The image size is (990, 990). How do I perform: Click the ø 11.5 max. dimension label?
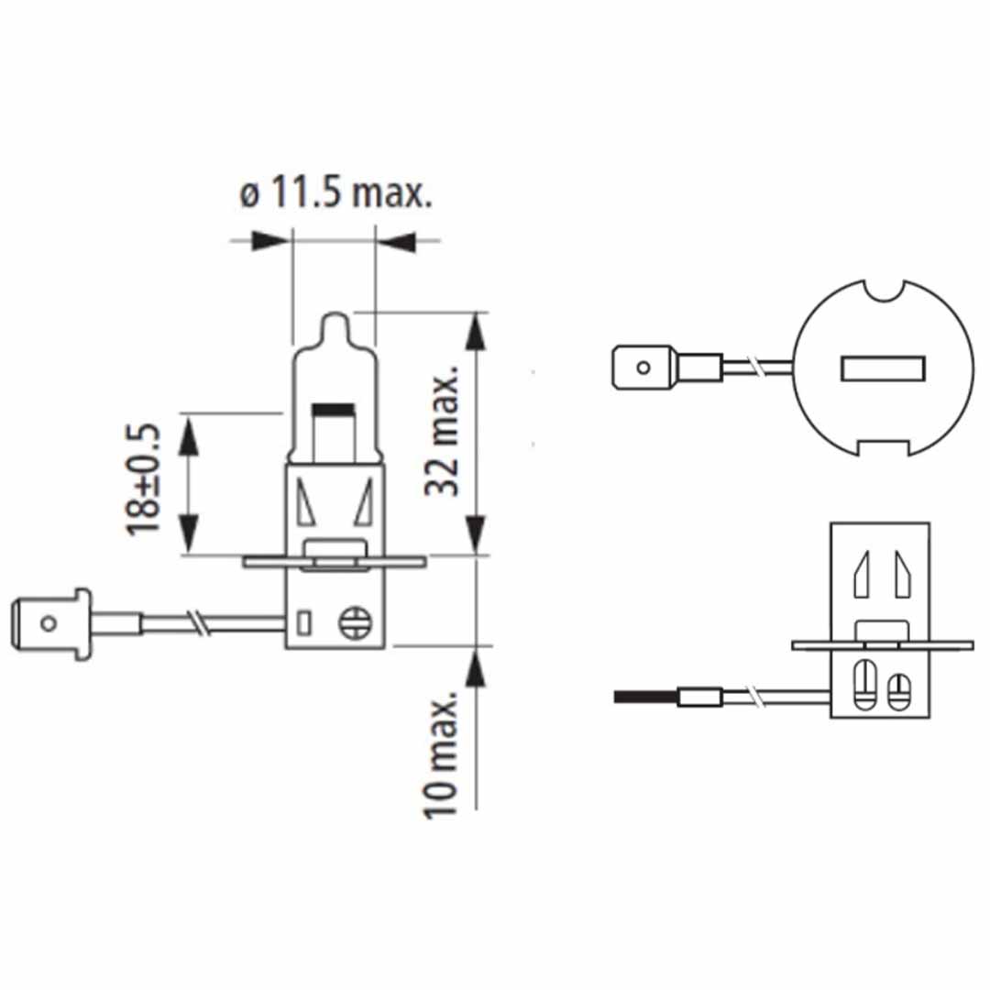click(x=335, y=193)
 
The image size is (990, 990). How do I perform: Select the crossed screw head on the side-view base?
click(x=354, y=624)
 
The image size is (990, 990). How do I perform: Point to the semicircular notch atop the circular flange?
click(x=885, y=291)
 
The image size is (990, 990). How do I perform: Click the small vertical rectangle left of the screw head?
click(x=304, y=624)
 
